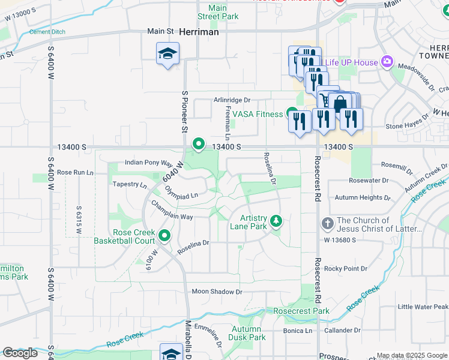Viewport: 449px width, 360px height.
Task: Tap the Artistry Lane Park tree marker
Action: pos(276,222)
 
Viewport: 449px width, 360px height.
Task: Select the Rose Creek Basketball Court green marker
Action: pos(164,236)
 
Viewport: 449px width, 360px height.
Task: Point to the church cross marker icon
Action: pos(328,224)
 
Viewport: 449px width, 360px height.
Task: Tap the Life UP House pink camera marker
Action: pos(387,62)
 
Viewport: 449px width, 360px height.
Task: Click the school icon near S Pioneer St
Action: pos(168,55)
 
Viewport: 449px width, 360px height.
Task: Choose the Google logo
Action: pos(20,352)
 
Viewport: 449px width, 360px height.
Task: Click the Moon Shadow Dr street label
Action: pos(217,292)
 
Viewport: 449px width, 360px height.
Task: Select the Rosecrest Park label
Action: pos(301,311)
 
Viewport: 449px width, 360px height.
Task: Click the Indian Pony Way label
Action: pos(148,163)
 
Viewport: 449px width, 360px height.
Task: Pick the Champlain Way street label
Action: pos(172,211)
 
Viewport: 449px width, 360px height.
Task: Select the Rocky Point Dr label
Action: pos(345,268)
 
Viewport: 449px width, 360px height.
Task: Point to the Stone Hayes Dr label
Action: pos(406,127)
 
